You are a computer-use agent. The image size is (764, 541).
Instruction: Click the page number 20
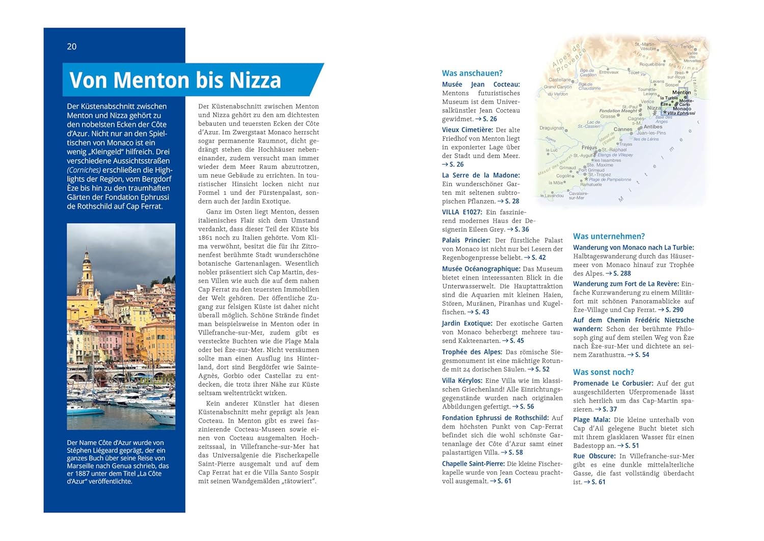pos(72,46)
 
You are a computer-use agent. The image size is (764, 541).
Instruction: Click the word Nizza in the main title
pos(255,81)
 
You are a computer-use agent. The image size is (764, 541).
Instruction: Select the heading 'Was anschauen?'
pos(472,73)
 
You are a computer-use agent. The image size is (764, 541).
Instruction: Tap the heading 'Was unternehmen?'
pos(609,237)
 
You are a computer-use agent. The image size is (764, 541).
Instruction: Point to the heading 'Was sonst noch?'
pos(604,372)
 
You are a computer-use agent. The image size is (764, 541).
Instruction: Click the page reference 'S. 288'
pos(622,274)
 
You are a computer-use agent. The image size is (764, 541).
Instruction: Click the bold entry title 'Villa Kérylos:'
pos(462,381)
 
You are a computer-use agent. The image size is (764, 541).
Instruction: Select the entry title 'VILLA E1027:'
pos(462,213)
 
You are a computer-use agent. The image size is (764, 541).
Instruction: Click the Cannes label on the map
pos(622,130)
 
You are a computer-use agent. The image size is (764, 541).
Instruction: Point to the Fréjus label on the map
pos(589,148)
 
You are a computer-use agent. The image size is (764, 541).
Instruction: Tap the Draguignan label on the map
pos(552,128)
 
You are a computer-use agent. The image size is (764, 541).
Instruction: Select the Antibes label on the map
pos(653,127)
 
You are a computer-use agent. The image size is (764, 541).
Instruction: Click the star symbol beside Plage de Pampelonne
pos(586,179)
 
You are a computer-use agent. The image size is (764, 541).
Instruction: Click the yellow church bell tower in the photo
pos(87,270)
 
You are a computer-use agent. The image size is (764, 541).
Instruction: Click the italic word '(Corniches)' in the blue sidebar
pos(85,170)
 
